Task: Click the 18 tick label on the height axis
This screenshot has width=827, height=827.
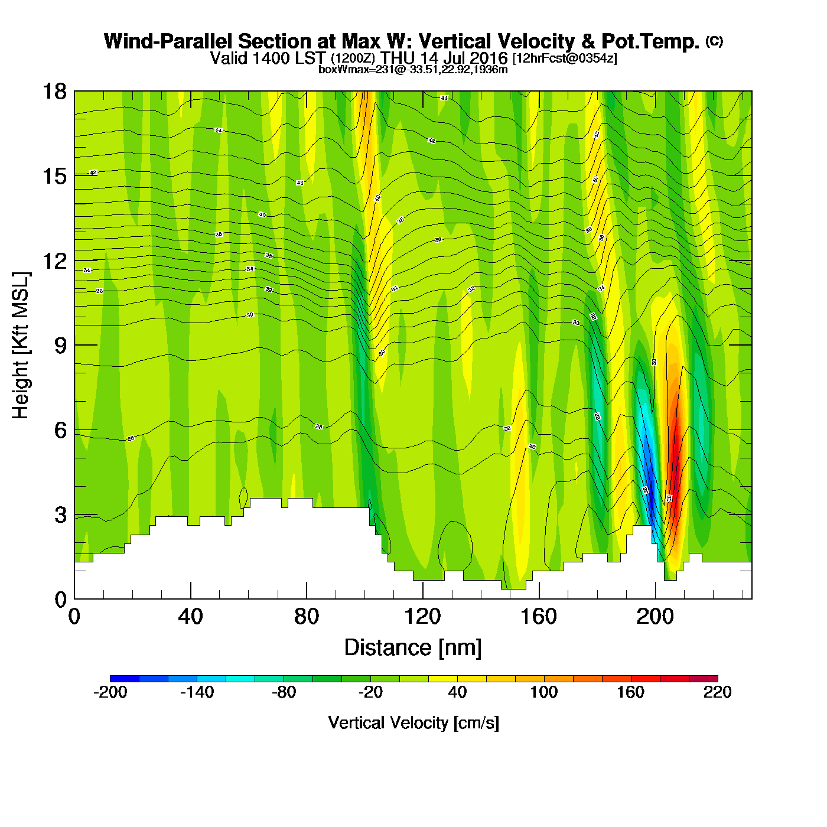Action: point(54,92)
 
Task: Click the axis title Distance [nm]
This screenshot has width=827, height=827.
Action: point(413,648)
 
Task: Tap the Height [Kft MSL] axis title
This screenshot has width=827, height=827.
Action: point(21,346)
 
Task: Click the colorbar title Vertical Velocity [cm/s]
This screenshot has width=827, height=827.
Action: point(413,723)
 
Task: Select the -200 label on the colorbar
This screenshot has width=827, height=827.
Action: point(110,693)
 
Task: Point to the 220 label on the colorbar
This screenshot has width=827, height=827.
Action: point(717,693)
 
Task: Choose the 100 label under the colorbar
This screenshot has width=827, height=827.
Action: point(543,693)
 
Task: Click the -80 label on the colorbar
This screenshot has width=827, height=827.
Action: point(284,693)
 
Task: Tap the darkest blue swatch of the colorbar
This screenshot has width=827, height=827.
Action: point(125,679)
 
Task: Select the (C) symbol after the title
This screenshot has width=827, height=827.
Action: point(714,41)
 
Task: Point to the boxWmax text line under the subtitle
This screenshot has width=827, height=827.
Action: point(413,69)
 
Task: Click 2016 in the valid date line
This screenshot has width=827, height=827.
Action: point(488,58)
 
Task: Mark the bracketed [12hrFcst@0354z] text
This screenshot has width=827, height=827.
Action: point(565,58)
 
